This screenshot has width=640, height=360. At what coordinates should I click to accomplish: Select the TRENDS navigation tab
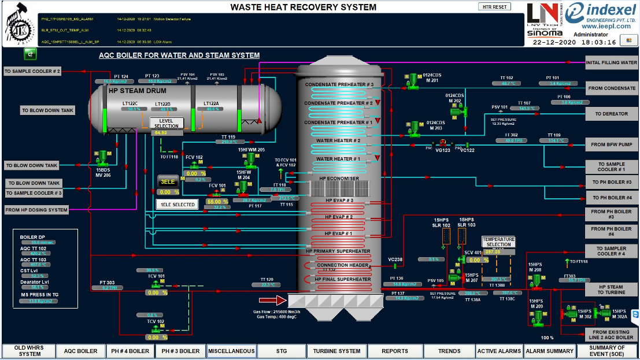coord(449,351)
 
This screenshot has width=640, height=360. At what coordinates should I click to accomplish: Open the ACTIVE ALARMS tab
coord(499,351)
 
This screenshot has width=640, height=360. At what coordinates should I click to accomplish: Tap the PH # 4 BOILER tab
coord(130,351)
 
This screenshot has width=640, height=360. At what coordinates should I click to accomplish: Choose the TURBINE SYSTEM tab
coord(337,351)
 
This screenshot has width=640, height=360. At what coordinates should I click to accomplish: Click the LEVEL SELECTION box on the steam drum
coord(167,123)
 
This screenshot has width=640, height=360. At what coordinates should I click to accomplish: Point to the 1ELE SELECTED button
coord(177,204)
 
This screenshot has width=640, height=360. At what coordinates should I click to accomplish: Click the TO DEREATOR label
coord(612,114)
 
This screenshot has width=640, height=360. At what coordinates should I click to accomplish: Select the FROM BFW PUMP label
coord(612,144)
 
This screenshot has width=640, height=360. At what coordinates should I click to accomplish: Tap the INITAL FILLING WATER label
coord(612,62)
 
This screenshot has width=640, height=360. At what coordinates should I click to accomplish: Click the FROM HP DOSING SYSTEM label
coord(36,210)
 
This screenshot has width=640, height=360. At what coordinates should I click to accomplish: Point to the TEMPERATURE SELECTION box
coord(498,242)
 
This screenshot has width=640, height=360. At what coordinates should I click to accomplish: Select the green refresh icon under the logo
coord(30,54)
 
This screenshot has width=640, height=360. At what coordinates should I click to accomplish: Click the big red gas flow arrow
coord(272,300)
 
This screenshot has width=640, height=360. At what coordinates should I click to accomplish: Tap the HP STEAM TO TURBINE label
coord(611,290)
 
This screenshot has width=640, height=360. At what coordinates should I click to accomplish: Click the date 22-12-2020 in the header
coord(554,42)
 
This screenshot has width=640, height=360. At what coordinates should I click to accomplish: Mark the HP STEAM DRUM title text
coord(138,91)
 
